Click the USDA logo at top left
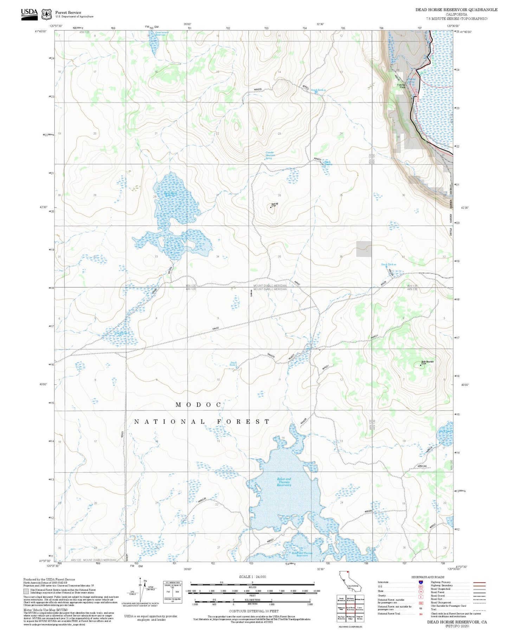point(29,14)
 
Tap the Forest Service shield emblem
point(46,14)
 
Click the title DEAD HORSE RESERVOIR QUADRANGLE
point(456,9)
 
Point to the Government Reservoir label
point(162,33)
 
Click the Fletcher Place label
point(401,86)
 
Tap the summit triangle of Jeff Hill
point(270,207)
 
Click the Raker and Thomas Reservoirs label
point(284,482)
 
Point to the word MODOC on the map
point(199,405)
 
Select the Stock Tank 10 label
point(388,264)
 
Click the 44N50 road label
point(216,328)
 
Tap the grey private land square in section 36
point(364,249)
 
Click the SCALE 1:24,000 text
point(252,577)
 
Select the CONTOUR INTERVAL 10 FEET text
point(253,611)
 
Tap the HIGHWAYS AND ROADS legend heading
point(428,577)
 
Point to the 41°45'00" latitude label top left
point(41,32)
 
